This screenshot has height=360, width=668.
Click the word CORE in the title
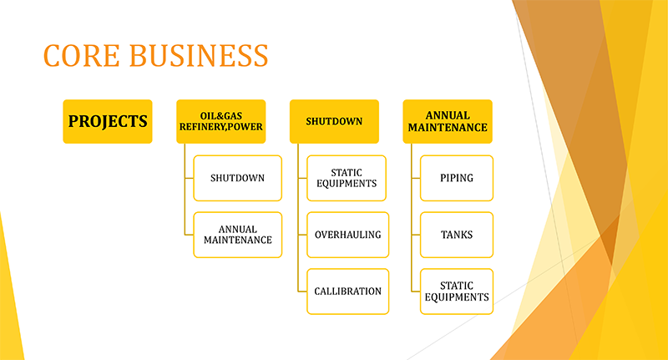(81, 55)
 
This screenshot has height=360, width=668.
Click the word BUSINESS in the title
(199, 55)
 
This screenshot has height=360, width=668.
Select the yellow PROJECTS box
(108, 121)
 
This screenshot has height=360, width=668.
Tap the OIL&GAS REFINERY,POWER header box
(221, 121)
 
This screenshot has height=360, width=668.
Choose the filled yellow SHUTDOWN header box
(335, 121)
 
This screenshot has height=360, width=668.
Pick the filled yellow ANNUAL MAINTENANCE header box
(448, 121)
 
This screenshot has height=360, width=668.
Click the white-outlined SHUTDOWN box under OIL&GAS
(238, 178)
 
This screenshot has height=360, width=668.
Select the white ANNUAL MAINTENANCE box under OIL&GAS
(238, 235)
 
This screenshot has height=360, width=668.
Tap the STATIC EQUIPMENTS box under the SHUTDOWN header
(347, 178)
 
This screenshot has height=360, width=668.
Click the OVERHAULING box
(347, 235)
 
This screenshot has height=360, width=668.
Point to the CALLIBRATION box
(347, 292)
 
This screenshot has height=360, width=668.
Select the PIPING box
(457, 178)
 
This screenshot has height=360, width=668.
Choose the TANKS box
(457, 235)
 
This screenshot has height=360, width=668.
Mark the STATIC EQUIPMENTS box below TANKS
(457, 292)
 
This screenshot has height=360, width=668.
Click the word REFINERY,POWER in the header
(221, 127)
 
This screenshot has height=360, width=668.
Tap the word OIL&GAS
(221, 116)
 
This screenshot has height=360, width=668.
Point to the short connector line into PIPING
(416, 178)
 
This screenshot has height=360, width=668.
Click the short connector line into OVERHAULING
(302, 235)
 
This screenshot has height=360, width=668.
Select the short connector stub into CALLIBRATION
(302, 292)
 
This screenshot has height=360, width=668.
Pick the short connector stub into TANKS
(416, 235)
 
